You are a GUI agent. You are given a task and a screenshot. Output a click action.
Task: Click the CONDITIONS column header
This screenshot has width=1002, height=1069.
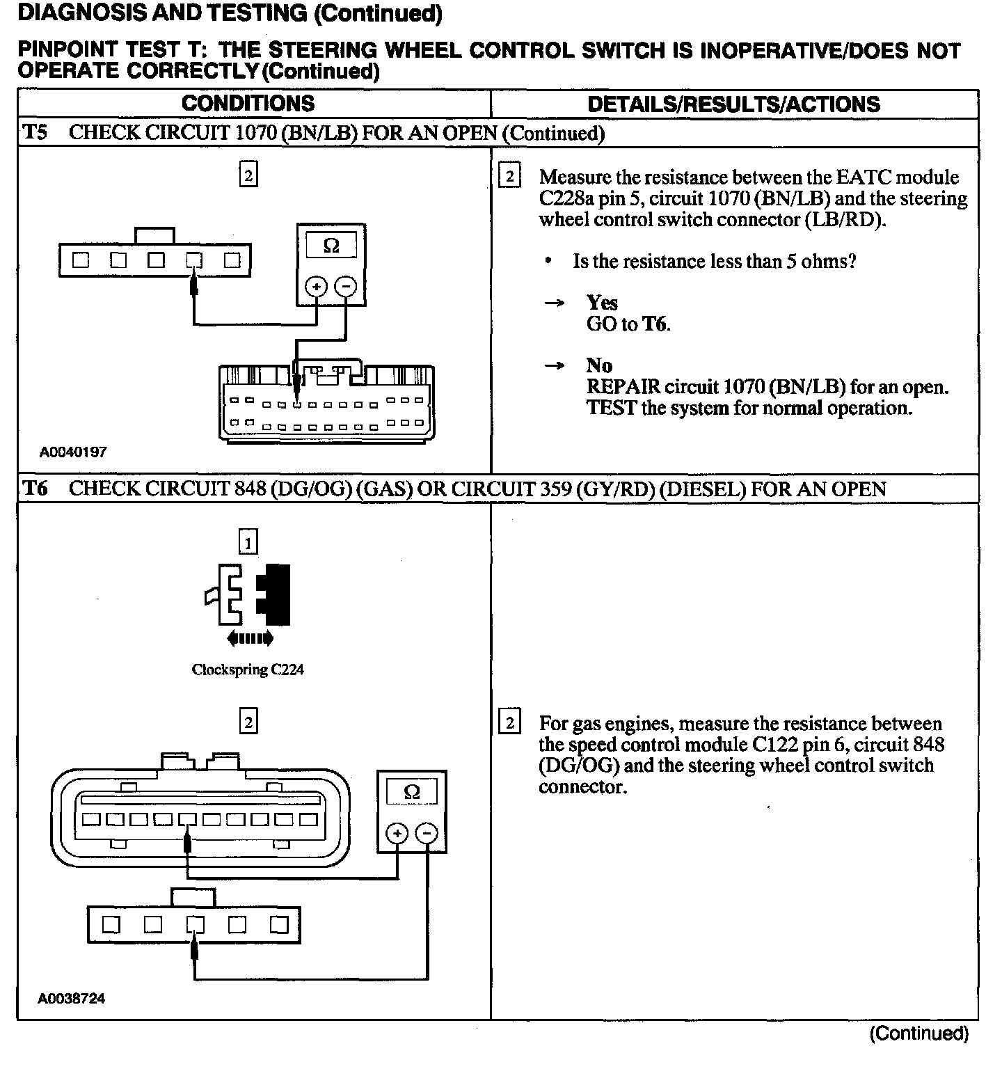click(x=248, y=104)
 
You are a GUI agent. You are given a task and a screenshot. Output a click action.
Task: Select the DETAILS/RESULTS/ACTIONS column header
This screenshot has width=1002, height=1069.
click(x=733, y=104)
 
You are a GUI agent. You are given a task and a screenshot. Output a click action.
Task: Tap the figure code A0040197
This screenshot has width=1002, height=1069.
click(x=73, y=452)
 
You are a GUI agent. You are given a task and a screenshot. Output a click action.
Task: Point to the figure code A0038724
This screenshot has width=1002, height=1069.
click(x=72, y=999)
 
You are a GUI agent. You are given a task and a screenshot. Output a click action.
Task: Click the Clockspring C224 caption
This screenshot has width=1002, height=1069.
click(x=248, y=670)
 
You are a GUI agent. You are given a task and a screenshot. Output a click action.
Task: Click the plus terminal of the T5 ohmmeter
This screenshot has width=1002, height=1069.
click(x=317, y=286)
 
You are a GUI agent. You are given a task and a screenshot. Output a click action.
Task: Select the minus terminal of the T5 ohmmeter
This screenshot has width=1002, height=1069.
click(x=346, y=286)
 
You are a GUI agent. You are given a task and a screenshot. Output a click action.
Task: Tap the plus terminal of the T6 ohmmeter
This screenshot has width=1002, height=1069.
click(x=397, y=833)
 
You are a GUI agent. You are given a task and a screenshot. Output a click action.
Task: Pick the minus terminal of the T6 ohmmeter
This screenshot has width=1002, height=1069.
click(x=427, y=833)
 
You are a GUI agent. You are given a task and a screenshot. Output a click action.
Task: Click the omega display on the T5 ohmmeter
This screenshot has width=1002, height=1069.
click(x=331, y=246)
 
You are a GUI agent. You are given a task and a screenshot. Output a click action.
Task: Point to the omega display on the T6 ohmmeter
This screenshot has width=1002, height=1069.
click(x=412, y=792)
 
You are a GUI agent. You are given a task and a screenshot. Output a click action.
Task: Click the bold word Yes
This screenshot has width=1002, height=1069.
click(x=602, y=303)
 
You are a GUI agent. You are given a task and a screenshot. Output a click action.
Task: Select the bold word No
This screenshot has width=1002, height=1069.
click(x=599, y=365)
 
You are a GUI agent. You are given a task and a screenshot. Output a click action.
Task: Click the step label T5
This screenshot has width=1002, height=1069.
click(x=35, y=132)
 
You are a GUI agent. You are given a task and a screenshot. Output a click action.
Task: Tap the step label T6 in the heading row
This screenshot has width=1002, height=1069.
click(x=35, y=489)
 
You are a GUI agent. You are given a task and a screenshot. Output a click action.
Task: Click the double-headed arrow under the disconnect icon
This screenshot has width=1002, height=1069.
click(x=248, y=638)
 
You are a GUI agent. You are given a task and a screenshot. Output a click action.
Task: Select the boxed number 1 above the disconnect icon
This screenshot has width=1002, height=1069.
click(x=248, y=541)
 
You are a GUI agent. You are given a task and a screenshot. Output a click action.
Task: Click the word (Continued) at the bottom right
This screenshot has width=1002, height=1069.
click(x=918, y=1034)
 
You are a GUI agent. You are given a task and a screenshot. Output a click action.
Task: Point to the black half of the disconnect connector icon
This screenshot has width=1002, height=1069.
click(x=275, y=595)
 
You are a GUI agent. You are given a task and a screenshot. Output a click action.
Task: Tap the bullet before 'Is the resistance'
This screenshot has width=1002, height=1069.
click(x=549, y=262)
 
